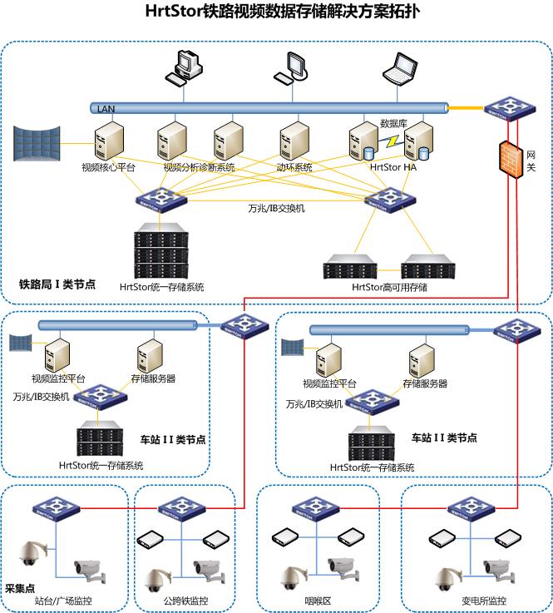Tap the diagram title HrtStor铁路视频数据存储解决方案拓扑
click(277, 12)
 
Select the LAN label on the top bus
click(106, 109)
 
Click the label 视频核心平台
click(108, 167)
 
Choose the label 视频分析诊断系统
click(199, 167)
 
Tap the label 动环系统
click(294, 167)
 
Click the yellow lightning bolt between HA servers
click(391, 141)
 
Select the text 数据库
click(393, 123)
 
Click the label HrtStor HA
click(393, 167)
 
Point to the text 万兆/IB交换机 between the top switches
click(277, 208)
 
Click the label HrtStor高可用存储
click(389, 287)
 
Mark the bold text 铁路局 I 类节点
click(57, 284)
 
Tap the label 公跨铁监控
click(185, 601)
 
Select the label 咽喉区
click(318, 601)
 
